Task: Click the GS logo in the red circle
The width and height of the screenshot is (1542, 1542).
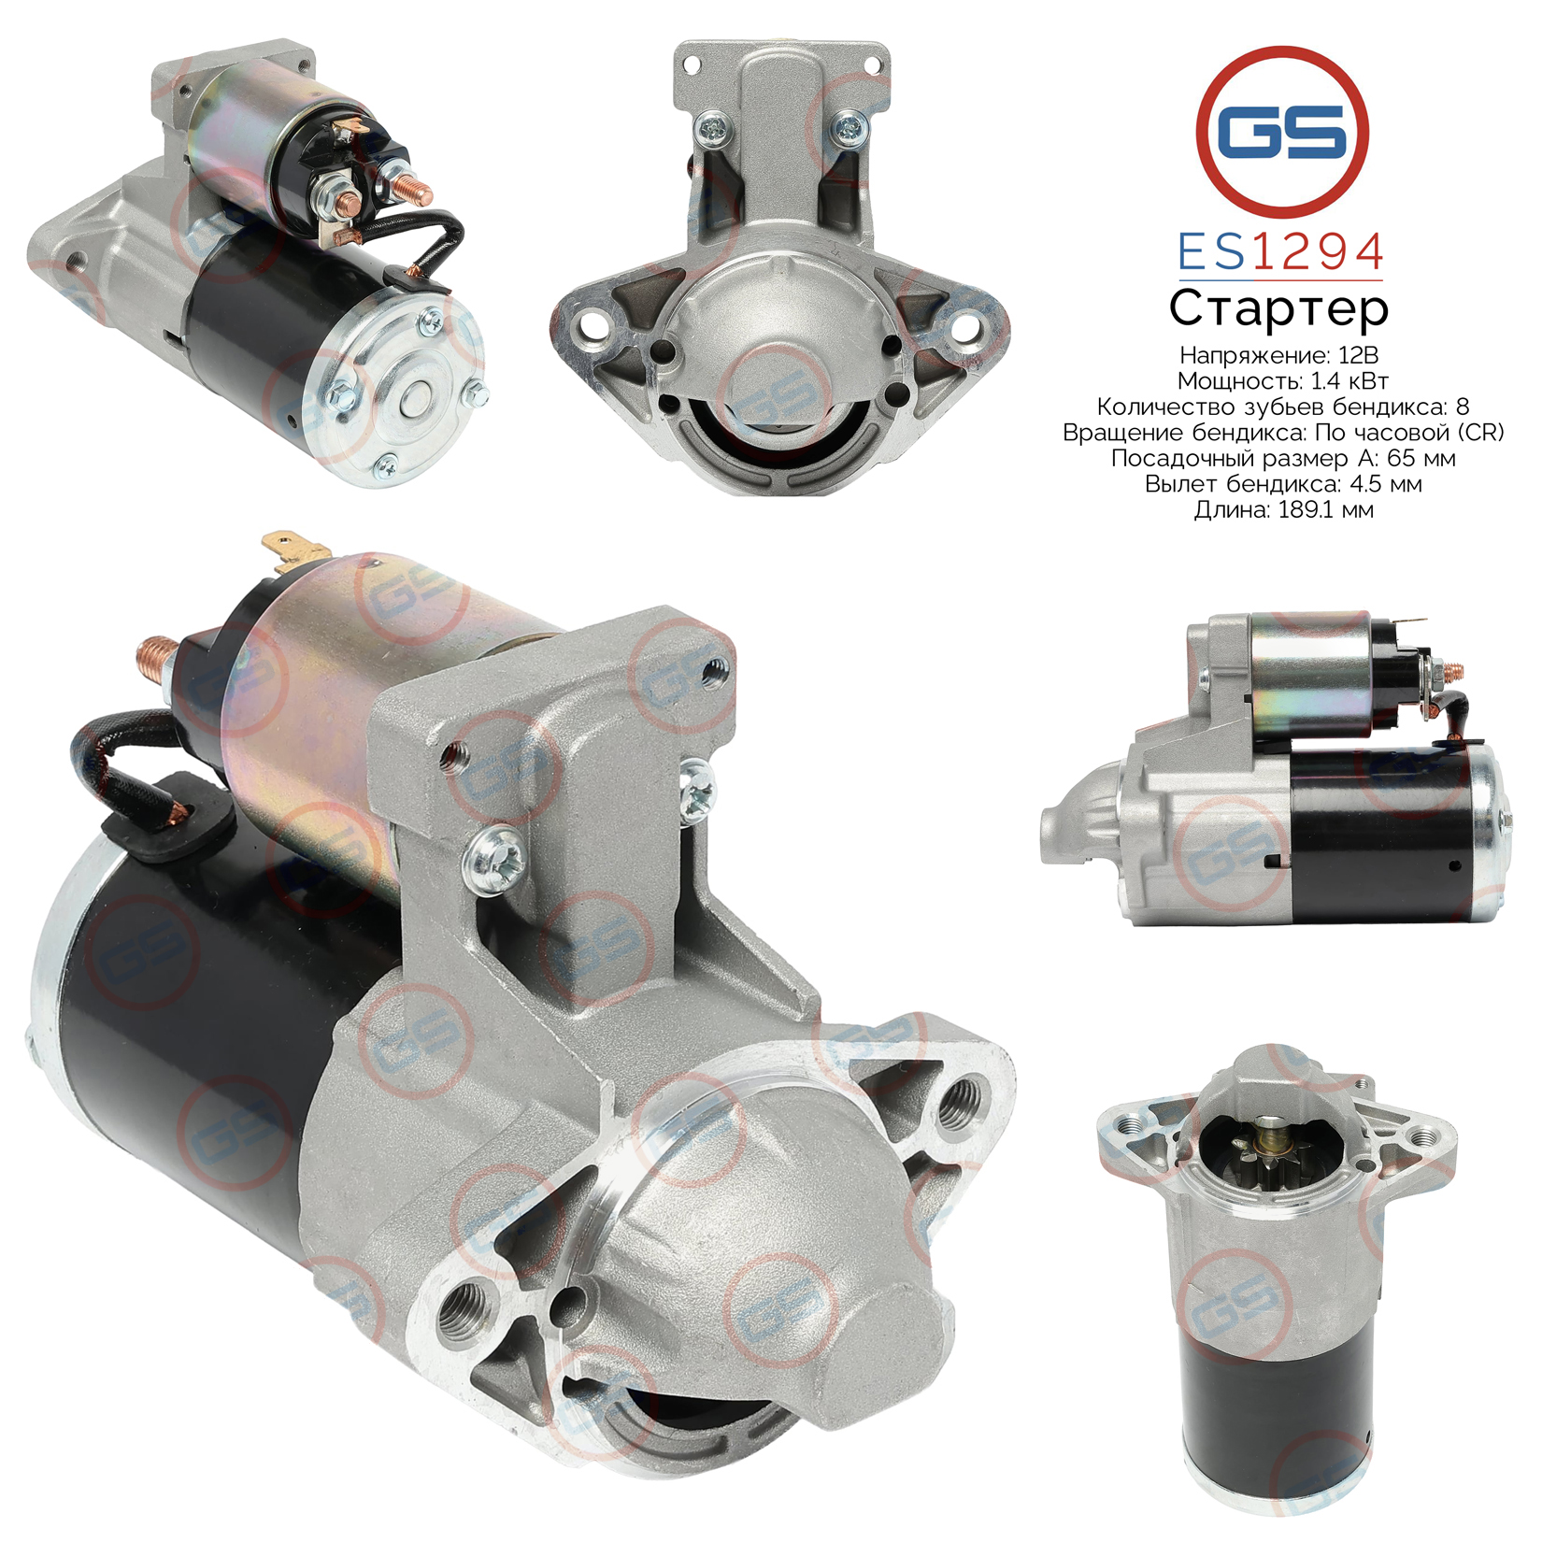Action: pyautogui.click(x=1282, y=131)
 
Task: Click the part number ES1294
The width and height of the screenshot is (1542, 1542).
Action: pyautogui.click(x=1280, y=251)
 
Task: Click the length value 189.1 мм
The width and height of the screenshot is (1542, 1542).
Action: pyautogui.click(x=1326, y=509)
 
